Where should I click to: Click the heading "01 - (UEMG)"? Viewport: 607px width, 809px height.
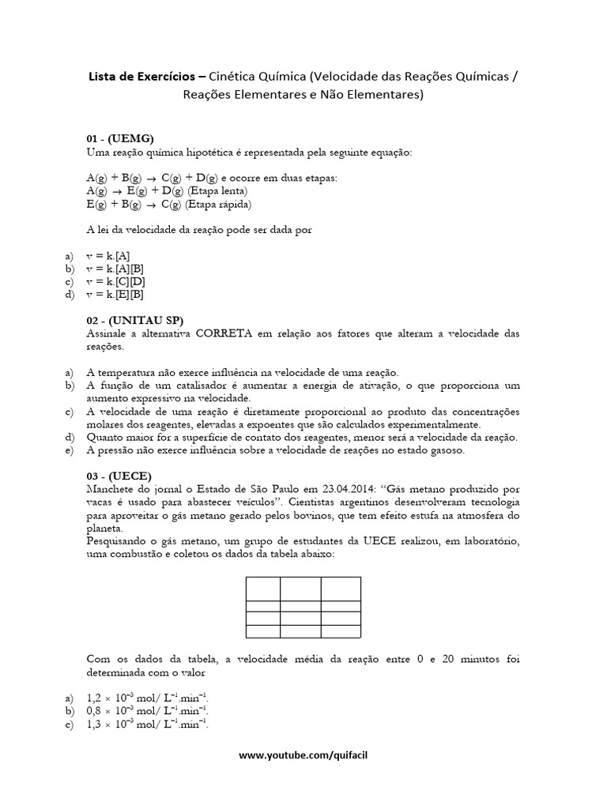click(120, 137)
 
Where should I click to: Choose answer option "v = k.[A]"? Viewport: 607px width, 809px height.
click(108, 256)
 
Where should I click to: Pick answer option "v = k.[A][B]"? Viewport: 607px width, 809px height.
click(115, 269)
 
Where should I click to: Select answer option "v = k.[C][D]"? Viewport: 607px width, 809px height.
click(115, 281)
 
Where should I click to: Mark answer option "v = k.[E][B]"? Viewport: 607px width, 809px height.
click(115, 294)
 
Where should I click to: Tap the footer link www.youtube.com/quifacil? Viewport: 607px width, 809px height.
click(303, 756)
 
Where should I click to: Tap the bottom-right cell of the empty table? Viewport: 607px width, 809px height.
click(341, 630)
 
